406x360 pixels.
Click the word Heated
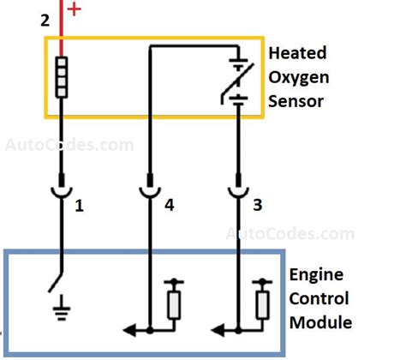pyautogui.click(x=296, y=52)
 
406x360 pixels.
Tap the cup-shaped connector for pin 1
pyautogui.click(x=61, y=189)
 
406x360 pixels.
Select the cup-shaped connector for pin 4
pyautogui.click(x=151, y=189)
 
